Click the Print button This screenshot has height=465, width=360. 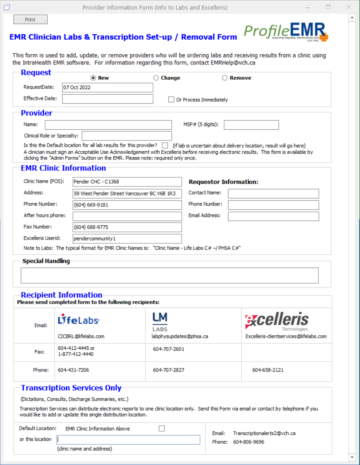[30, 20]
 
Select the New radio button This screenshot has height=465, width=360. [93, 78]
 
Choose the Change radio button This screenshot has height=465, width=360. [156, 78]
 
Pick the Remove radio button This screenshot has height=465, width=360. [225, 78]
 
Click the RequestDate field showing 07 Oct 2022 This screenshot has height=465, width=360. [107, 88]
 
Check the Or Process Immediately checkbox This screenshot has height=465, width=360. [171, 99]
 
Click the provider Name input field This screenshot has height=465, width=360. [108, 125]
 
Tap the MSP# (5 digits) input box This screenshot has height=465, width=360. [251, 125]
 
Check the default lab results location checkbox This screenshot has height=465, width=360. [165, 145]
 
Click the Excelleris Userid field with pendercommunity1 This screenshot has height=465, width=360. [127, 239]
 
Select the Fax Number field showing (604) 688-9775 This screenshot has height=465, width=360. [127, 227]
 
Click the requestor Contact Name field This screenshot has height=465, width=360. [273, 193]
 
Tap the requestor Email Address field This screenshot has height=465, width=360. [273, 216]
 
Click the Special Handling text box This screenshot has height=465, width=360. [169, 275]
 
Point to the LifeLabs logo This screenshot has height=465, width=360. [78, 320]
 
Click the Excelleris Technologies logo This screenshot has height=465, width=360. [277, 320]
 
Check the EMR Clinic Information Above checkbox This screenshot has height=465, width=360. [162, 429]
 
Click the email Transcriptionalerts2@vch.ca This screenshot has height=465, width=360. [264, 433]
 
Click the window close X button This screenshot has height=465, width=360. [349, 7]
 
